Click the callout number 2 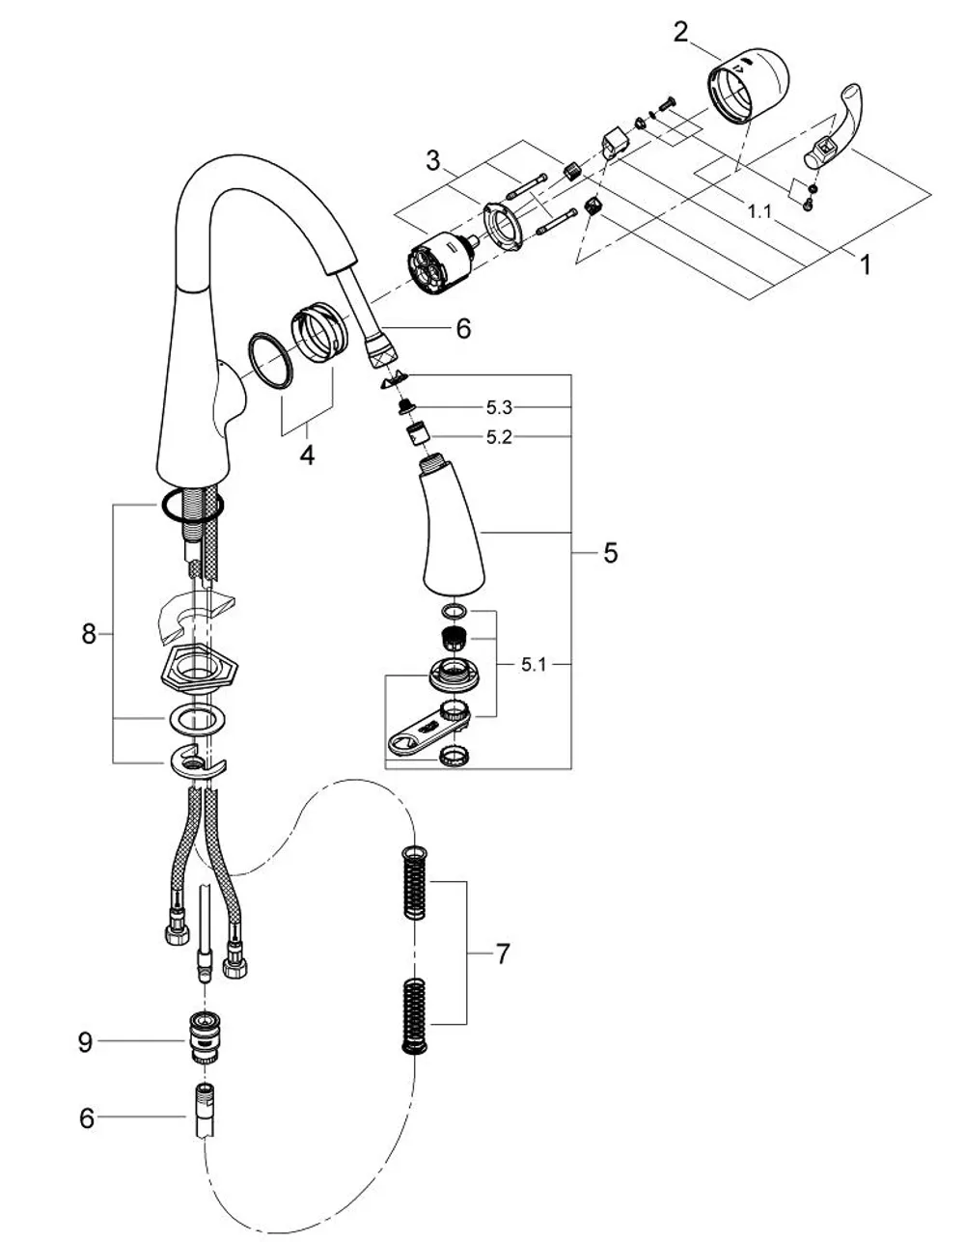pos(680,33)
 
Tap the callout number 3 pos(433,160)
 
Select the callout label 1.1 pos(759,212)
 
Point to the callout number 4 pos(308,455)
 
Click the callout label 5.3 pos(499,407)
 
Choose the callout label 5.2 pos(499,437)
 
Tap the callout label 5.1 pos(533,664)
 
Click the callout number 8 pos(89,634)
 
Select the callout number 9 pos(85,1042)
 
